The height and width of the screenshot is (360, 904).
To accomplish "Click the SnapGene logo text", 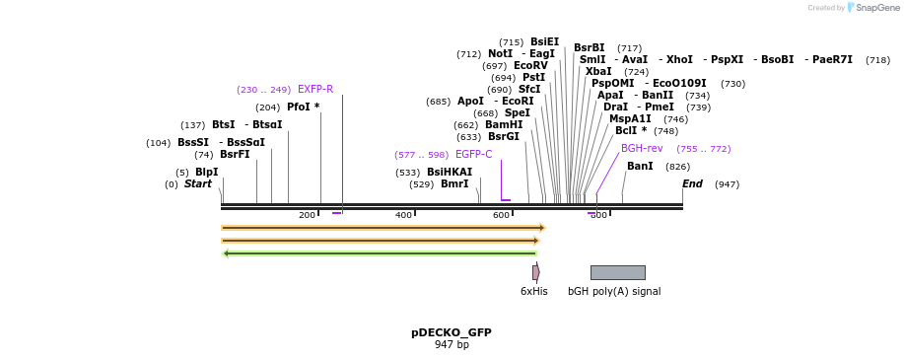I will tap(876, 8).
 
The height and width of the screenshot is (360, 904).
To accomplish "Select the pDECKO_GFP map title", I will tap(451, 332).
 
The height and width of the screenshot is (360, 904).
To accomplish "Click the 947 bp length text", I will tap(452, 344).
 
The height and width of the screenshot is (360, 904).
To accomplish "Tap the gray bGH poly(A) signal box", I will tap(617, 272).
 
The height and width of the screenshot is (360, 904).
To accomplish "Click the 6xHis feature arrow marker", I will tap(535, 272).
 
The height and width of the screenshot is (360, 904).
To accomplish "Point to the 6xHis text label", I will tap(533, 291).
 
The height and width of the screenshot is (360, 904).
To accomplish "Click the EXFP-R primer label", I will tap(315, 90).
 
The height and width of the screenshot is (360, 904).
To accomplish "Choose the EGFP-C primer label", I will tap(473, 155).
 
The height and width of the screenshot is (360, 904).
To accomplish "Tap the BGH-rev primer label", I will tap(642, 149).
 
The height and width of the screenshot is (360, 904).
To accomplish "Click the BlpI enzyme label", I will tap(206, 173).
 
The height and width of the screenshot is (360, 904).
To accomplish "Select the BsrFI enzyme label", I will tap(235, 155).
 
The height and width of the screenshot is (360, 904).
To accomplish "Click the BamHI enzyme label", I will tap(503, 125).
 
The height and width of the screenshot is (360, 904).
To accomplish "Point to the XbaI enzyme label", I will tap(597, 72).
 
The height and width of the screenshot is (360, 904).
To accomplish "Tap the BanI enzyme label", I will tap(640, 167).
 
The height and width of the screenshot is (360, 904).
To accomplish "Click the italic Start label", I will tap(198, 184).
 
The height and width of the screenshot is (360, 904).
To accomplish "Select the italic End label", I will tap(692, 184).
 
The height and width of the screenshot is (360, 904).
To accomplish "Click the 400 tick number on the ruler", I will tap(403, 215).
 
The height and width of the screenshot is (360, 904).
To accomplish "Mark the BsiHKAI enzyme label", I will tap(450, 173).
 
